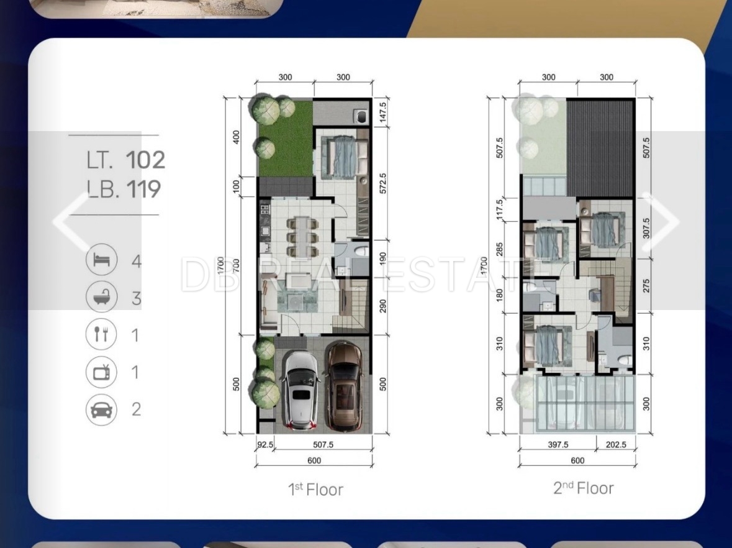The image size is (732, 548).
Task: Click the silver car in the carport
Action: [x=301, y=390]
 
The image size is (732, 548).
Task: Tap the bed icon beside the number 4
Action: [x=101, y=259]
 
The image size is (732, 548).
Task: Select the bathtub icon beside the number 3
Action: [x=101, y=296]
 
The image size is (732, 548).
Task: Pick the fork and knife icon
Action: [x=101, y=334]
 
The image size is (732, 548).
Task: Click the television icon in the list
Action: [x=101, y=372]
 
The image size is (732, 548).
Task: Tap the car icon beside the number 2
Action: [x=101, y=409]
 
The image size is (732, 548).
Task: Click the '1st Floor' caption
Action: [x=315, y=489]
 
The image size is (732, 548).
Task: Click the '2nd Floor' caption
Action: [x=584, y=488]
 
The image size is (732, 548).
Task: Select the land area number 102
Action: [x=145, y=160]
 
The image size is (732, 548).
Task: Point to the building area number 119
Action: [x=143, y=189]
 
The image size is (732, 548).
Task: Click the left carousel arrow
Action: [x=71, y=221]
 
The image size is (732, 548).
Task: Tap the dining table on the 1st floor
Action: [x=302, y=236]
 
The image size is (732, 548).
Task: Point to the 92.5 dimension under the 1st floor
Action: [x=265, y=444]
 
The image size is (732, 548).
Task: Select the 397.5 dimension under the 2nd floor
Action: [x=558, y=444]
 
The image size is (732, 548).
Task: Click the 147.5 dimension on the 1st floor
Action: [x=383, y=112]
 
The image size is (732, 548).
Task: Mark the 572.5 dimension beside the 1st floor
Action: [x=383, y=183]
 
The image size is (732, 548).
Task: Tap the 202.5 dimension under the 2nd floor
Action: [x=616, y=444]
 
